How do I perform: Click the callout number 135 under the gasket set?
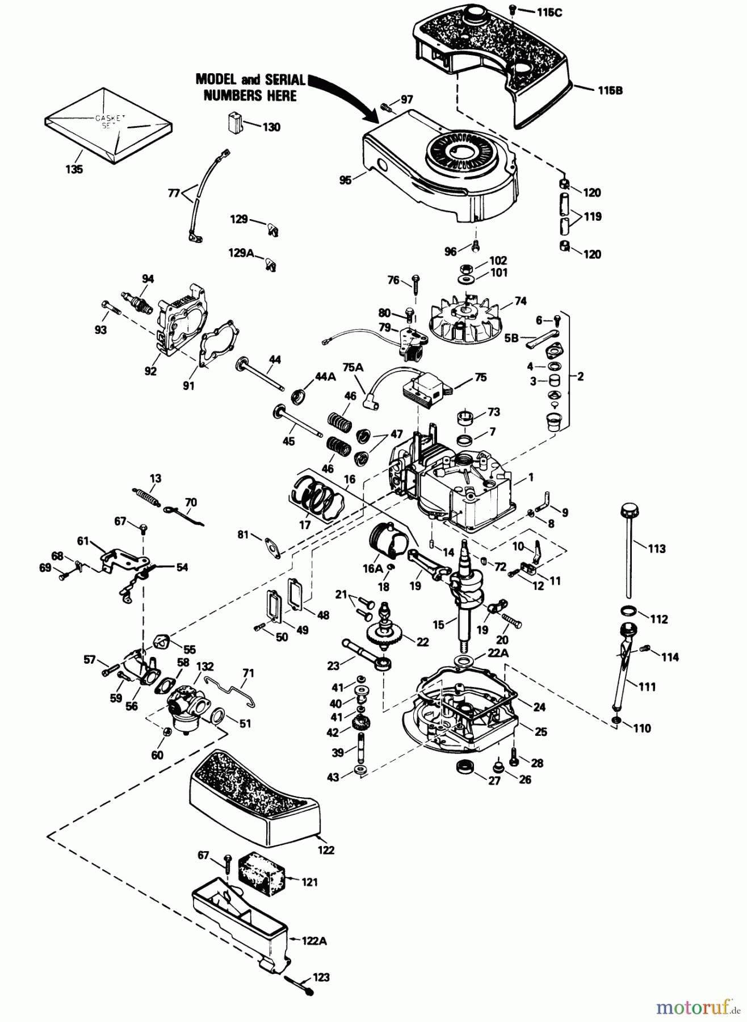click(74, 169)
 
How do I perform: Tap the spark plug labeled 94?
click(136, 303)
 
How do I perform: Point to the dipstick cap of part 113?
click(629, 508)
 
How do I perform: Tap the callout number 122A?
click(314, 941)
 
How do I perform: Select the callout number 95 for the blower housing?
click(345, 180)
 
